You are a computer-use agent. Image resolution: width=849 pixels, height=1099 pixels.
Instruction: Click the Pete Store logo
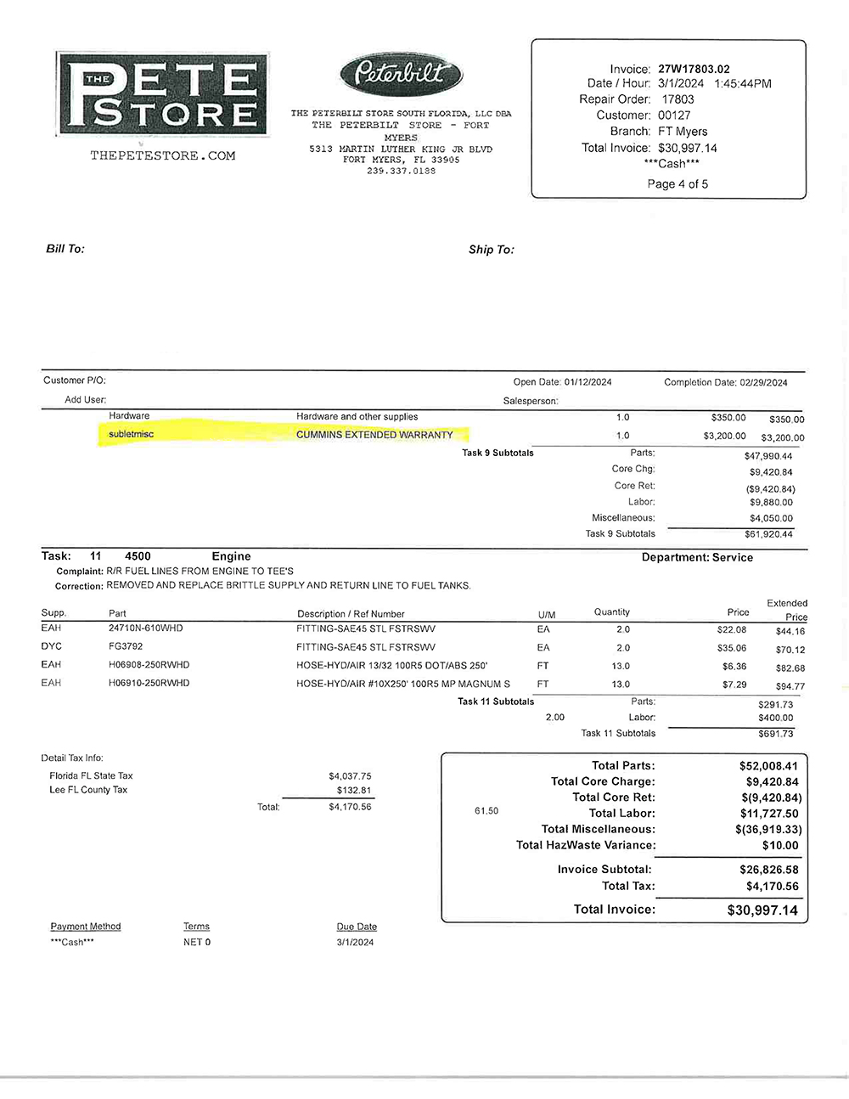coord(162,93)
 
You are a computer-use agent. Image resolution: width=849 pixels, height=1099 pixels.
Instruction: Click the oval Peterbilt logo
coord(401,74)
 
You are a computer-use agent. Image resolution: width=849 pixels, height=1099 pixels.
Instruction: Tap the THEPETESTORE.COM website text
coord(163,155)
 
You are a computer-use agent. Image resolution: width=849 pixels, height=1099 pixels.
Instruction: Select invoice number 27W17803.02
coord(694,69)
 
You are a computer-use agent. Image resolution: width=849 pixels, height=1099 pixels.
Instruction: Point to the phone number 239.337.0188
coord(401,171)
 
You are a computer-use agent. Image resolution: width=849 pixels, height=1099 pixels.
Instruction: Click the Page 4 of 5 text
coord(678,183)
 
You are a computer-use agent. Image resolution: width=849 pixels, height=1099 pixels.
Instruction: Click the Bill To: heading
coord(65,249)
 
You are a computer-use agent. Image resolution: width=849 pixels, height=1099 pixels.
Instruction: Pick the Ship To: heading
coord(492,250)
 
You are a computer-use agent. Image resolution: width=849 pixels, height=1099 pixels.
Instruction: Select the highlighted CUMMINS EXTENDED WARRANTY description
coord(374,435)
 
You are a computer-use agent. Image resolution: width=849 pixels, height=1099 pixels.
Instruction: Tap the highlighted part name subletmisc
coord(132,434)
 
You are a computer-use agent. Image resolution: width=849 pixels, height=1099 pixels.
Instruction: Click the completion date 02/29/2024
coord(763,382)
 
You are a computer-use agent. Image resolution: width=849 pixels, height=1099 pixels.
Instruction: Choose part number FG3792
coord(126,646)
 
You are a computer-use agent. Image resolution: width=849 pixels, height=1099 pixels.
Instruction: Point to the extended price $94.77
coord(790,686)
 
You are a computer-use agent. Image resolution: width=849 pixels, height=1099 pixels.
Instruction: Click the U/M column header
coord(547,614)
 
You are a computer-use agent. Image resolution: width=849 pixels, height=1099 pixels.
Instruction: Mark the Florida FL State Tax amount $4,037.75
coord(350,775)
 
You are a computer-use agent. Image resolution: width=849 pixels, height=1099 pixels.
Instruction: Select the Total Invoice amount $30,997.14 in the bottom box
coord(762,910)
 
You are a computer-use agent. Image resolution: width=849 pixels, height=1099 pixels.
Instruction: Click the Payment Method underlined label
coord(86,927)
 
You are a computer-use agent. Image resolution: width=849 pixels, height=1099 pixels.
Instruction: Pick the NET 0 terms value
coord(197,942)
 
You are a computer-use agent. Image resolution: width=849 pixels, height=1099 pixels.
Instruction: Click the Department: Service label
coord(697,557)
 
